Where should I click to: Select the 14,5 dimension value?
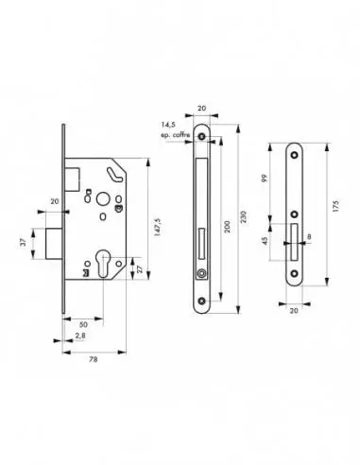click(x=170, y=124)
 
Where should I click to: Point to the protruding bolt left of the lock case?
click(x=53, y=243)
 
